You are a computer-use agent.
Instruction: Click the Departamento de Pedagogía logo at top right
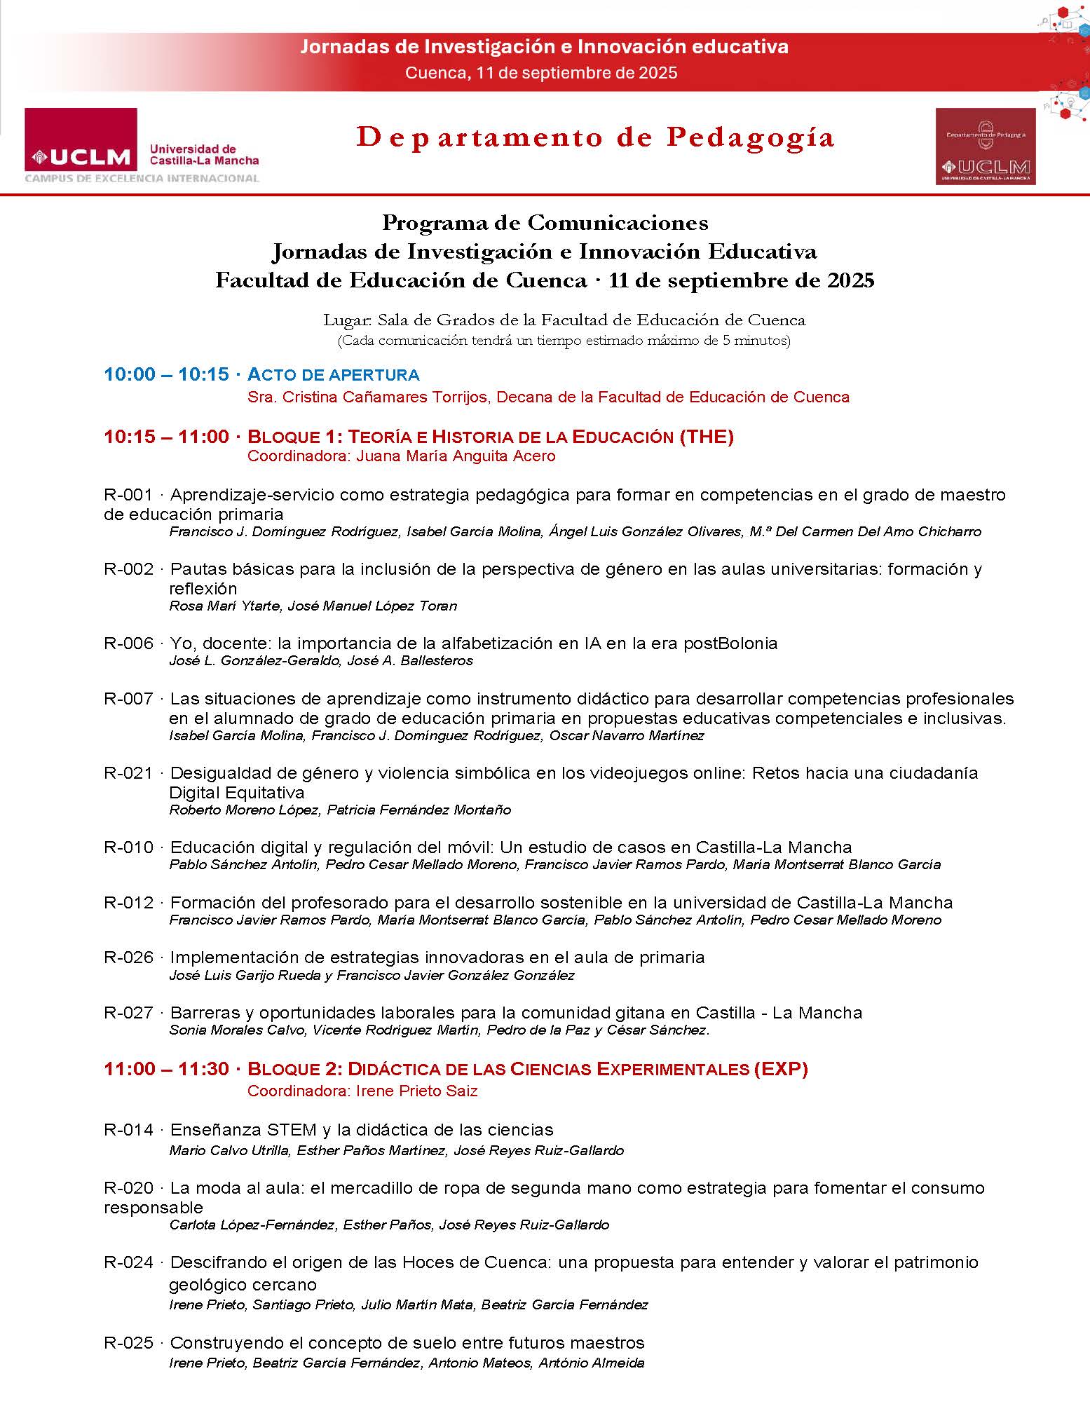coord(985,146)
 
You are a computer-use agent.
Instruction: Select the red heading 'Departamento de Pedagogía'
coord(595,137)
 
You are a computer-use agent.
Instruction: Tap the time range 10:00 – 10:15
coord(166,374)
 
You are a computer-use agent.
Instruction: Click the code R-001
coord(128,495)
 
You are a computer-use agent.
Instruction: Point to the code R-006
coord(128,643)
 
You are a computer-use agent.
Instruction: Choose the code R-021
coord(128,773)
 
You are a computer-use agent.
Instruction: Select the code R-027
coord(128,1013)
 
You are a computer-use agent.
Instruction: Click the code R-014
coord(128,1130)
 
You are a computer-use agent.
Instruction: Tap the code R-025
coord(128,1343)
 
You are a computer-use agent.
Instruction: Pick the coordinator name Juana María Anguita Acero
coord(456,456)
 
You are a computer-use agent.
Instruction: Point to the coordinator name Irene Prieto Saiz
coord(416,1091)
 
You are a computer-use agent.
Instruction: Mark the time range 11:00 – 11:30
coord(166,1069)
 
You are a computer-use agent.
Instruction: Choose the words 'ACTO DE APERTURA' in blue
coord(334,374)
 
